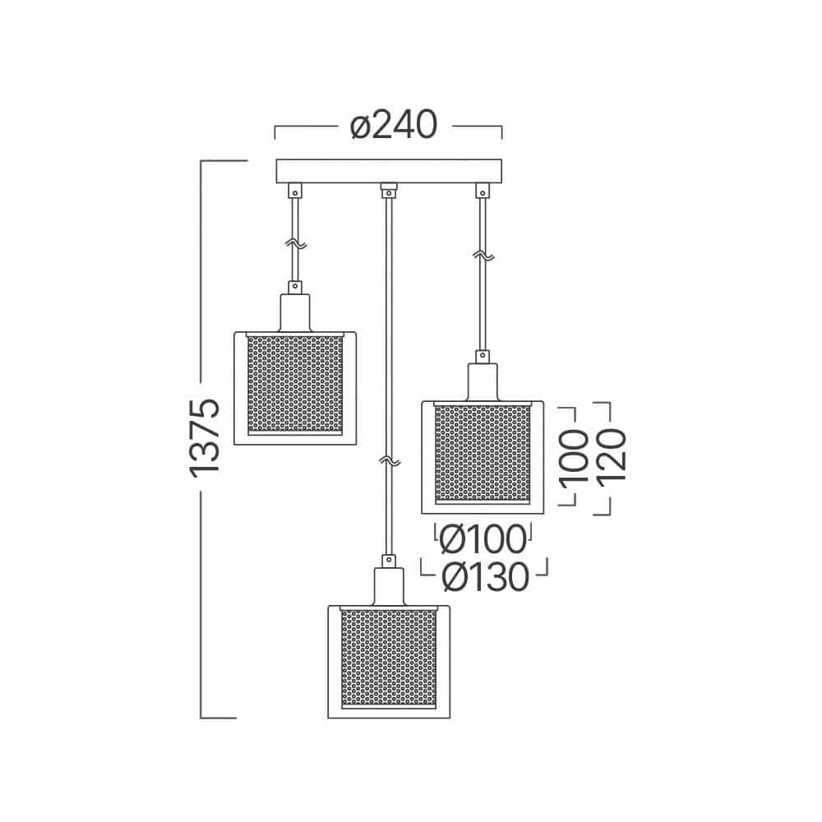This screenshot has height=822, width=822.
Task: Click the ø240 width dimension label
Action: coord(393,125)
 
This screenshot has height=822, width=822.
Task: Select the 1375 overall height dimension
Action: coord(205,438)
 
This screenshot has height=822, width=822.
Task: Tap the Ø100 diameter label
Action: coord(483,539)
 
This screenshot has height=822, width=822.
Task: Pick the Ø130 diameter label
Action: coord(485,577)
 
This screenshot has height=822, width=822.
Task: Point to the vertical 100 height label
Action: coord(574,456)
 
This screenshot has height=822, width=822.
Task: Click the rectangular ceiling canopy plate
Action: coord(389,171)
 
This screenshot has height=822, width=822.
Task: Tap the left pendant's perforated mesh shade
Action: coord(295,385)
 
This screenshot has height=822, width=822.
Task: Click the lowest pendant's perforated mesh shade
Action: coord(389,658)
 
